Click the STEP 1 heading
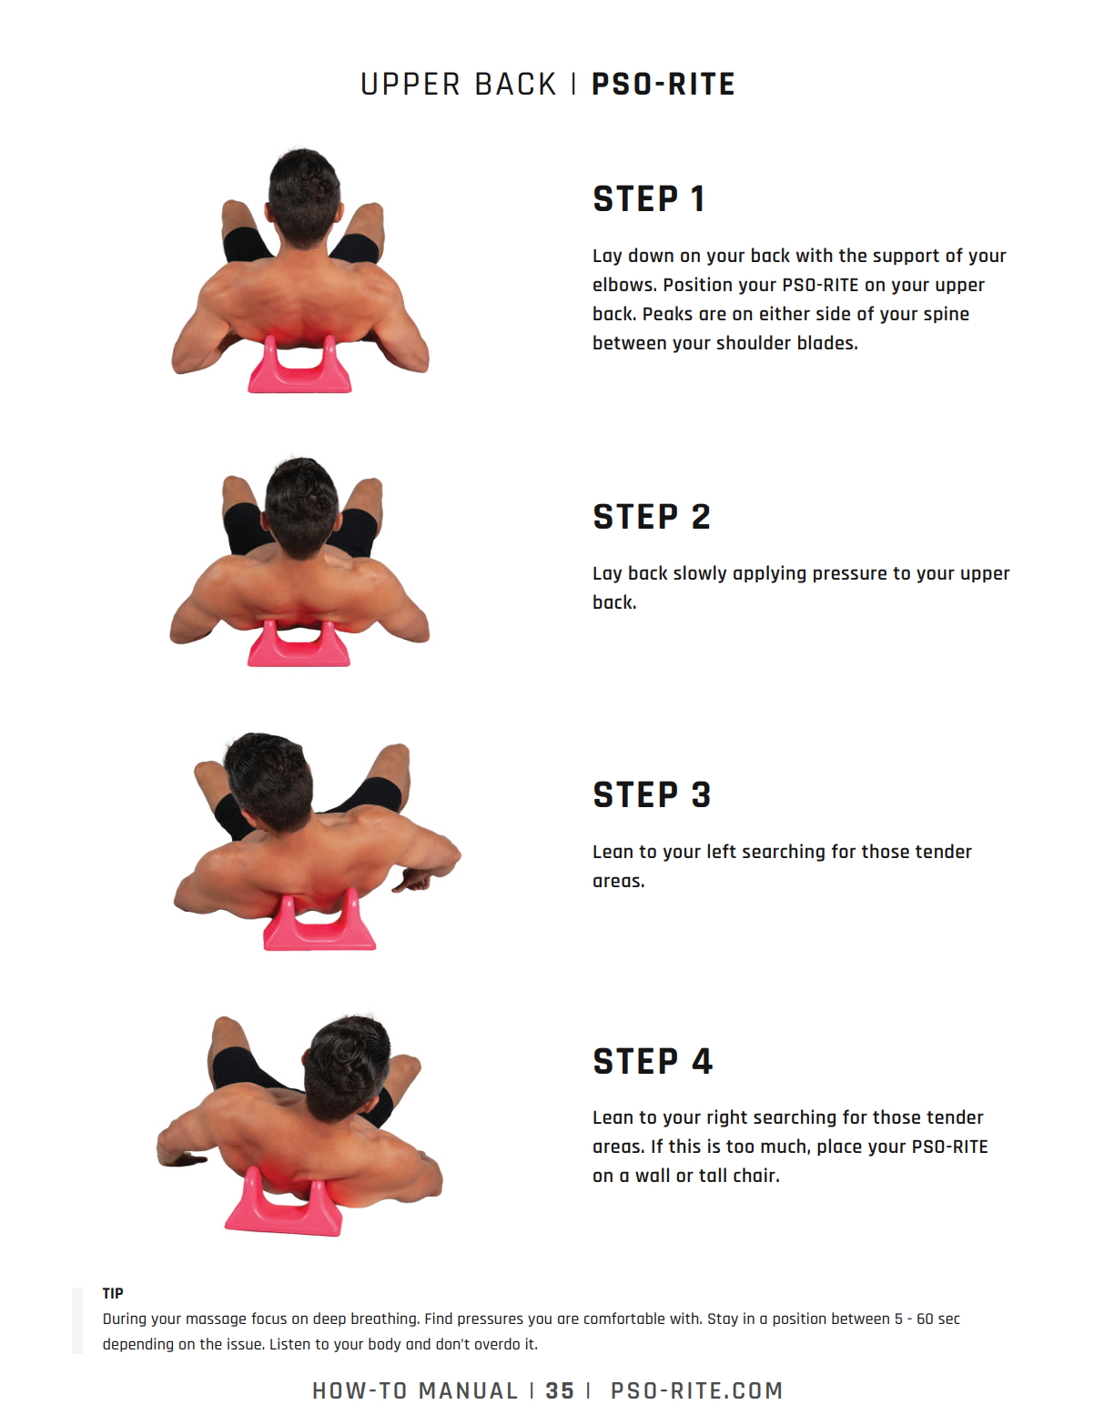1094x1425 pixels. pyautogui.click(x=649, y=198)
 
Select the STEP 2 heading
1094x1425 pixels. pyautogui.click(x=652, y=517)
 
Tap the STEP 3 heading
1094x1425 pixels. pyautogui.click(x=652, y=794)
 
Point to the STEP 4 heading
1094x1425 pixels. pyautogui.click(x=653, y=1061)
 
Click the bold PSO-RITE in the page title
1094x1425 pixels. pyautogui.click(x=663, y=85)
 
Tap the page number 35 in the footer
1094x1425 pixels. pyautogui.click(x=560, y=1390)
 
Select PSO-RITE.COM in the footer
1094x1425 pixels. pyautogui.click(x=696, y=1390)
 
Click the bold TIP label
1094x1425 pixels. pyautogui.click(x=113, y=1293)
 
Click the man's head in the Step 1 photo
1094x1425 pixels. pyautogui.click(x=304, y=197)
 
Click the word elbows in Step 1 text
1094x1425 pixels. pyautogui.click(x=625, y=285)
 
